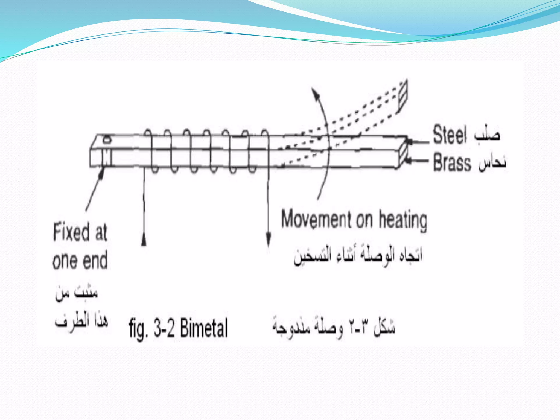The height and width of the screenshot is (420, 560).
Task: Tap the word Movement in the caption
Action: coord(316,219)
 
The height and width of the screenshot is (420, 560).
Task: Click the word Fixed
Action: coord(71,232)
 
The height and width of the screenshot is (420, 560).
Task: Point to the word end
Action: coord(95,260)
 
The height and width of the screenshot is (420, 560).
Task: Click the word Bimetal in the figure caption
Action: coord(204,328)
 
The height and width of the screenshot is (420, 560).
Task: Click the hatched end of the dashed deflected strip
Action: coord(403,95)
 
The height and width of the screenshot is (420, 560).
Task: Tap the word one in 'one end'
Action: coord(65,261)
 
